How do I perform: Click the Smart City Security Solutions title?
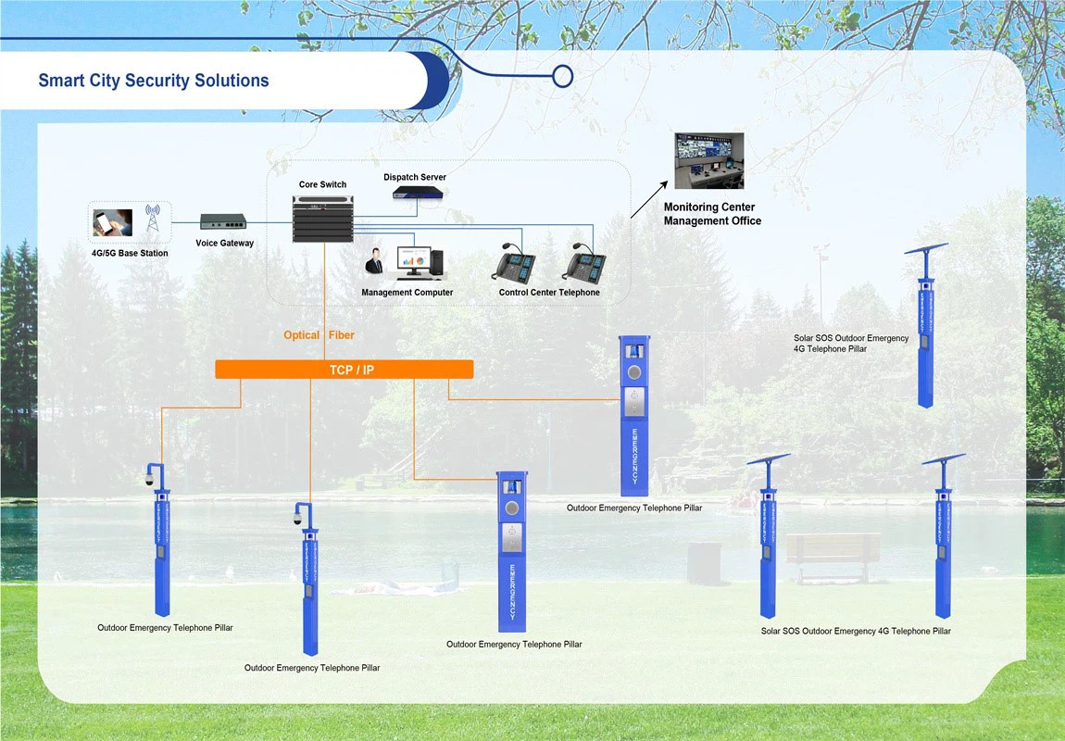[154, 81]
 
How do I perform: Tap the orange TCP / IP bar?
[344, 370]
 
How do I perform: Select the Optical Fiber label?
[319, 335]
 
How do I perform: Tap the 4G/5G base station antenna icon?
[153, 219]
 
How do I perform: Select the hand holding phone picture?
[113, 222]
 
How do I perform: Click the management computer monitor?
[414, 262]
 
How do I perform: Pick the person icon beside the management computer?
[374, 262]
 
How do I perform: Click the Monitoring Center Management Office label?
[712, 214]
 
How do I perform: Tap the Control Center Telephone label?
[549, 293]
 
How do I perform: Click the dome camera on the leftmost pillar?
[147, 479]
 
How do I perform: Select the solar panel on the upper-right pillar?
[926, 248]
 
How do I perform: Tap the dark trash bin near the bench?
[704, 563]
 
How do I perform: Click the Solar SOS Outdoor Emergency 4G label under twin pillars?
[856, 631]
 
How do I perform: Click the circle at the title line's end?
[562, 76]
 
